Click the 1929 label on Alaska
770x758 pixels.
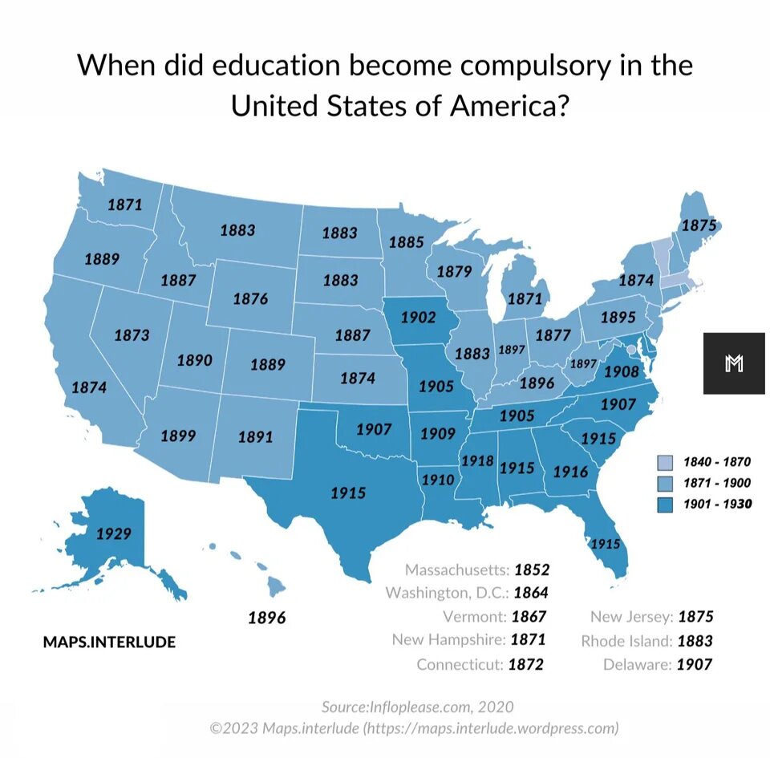click(113, 533)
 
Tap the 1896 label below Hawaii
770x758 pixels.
click(266, 618)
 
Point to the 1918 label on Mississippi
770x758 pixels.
click(476, 461)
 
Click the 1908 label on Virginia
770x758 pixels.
click(621, 371)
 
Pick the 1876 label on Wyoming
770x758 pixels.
click(250, 299)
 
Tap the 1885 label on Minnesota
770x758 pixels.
click(406, 241)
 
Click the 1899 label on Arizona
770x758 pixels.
click(178, 436)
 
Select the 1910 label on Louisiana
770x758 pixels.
click(438, 480)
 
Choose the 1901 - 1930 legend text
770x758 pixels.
click(716, 504)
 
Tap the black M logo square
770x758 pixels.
click(734, 363)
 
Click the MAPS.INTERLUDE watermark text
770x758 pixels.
click(109, 642)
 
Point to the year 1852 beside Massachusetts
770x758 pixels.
click(532, 570)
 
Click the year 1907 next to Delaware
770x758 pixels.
click(695, 664)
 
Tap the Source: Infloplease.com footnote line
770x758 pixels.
click(417, 707)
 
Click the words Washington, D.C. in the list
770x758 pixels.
click(447, 594)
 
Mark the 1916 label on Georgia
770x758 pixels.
click(571, 472)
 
